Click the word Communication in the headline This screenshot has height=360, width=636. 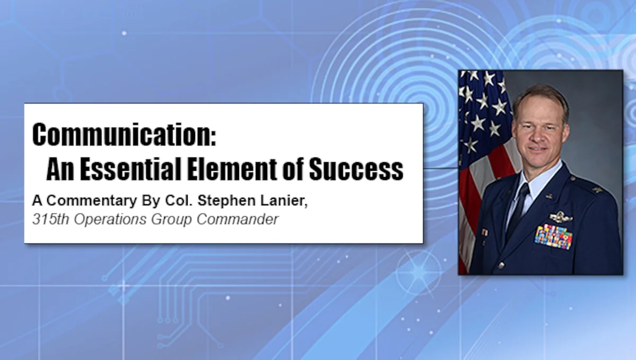tap(125, 135)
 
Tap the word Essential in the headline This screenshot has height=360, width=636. tap(130, 169)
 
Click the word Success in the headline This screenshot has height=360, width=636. tap(356, 169)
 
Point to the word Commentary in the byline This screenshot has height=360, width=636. tap(92, 201)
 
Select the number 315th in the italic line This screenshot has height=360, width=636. tap(50, 219)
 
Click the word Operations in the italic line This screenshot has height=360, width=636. tap(110, 219)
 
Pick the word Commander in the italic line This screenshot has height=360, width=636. tap(237, 219)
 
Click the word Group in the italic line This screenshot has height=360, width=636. tap(172, 219)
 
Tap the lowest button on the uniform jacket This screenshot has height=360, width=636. tap(501, 266)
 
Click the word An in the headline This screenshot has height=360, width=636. tap(60, 169)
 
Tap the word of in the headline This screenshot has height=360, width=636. tap(293, 169)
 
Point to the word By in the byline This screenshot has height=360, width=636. tap(151, 201)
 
